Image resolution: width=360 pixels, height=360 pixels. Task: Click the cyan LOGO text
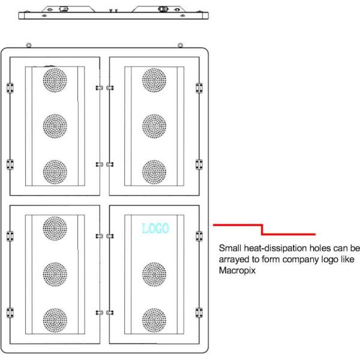tap(155, 228)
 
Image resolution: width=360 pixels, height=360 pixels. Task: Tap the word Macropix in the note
tap(237, 271)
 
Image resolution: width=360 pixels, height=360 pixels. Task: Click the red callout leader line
tap(262, 230)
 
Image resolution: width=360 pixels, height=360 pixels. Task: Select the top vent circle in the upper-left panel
tap(55, 80)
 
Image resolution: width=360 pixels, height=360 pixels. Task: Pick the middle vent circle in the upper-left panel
tap(55, 126)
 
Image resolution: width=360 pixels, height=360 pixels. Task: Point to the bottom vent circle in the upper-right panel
tap(154, 172)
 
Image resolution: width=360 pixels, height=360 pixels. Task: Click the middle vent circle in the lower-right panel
tap(154, 274)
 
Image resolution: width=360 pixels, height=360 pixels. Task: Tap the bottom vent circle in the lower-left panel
tap(55, 320)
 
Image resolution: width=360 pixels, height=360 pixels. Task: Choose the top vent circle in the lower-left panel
tap(55, 229)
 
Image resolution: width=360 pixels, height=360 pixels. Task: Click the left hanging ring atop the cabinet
tap(28, 45)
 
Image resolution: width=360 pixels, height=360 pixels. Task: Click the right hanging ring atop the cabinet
tap(181, 45)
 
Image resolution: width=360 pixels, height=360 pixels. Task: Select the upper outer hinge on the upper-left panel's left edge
tap(10, 88)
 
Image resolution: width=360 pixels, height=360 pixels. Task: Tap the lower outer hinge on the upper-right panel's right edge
tap(199, 164)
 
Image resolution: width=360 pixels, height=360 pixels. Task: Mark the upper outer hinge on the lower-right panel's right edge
tap(199, 236)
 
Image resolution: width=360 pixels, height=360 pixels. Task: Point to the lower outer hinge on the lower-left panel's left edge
tap(10, 313)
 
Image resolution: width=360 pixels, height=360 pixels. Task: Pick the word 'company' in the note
tap(301, 260)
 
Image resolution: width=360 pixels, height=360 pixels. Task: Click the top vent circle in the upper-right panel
tap(154, 80)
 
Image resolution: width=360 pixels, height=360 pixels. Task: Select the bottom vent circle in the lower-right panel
tap(154, 320)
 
